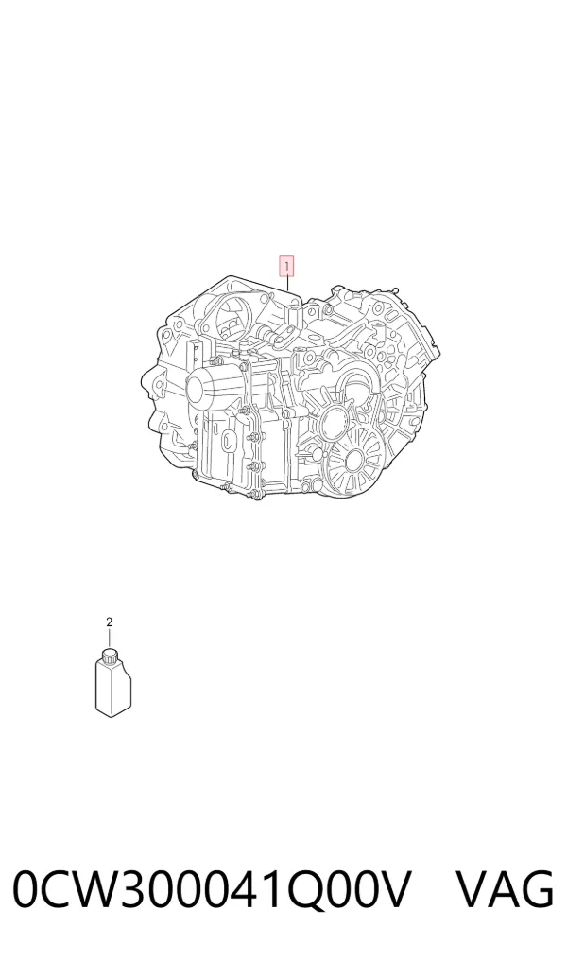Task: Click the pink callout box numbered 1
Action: (286, 267)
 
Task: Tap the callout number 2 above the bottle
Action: (110, 622)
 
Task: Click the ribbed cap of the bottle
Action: (110, 656)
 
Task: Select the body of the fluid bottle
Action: (113, 688)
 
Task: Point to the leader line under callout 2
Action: (110, 639)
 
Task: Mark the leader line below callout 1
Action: (287, 285)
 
